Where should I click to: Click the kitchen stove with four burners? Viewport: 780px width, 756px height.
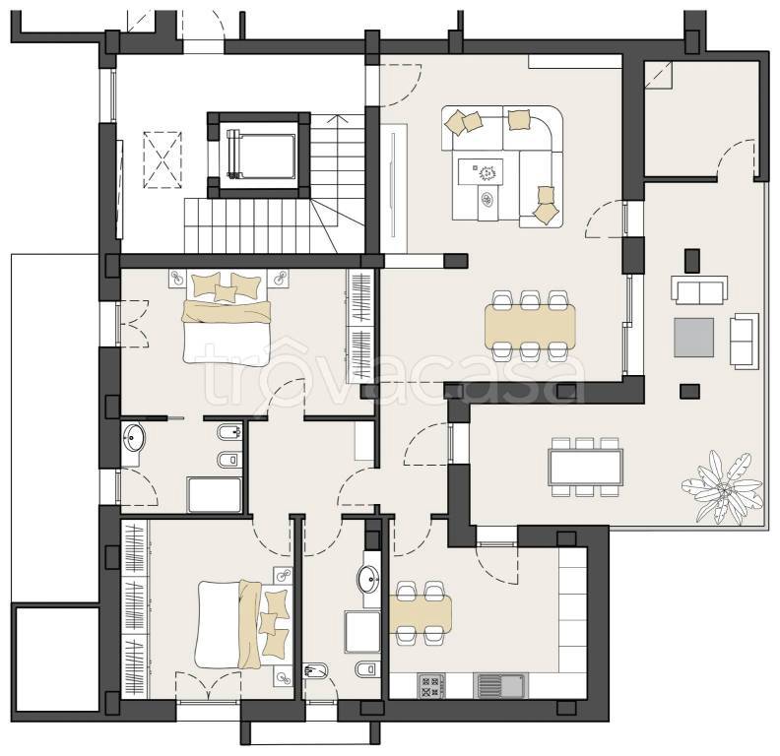click(431, 686)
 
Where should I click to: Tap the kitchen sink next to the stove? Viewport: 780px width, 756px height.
click(500, 686)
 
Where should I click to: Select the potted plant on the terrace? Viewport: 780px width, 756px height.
click(722, 487)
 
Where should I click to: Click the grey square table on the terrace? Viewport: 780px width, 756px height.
click(693, 338)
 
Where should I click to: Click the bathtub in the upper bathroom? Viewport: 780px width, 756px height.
click(215, 494)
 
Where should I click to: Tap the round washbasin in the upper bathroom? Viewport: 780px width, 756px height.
click(133, 438)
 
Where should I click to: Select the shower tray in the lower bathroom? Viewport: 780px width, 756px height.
click(362, 632)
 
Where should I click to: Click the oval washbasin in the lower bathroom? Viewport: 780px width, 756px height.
click(369, 580)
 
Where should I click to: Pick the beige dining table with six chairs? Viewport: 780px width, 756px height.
click(530, 326)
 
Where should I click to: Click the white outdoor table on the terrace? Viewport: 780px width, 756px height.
click(586, 467)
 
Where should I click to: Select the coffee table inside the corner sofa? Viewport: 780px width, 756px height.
click(480, 172)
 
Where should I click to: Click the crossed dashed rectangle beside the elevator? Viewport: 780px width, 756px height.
click(162, 160)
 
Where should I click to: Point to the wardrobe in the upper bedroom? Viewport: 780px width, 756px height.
click(359, 326)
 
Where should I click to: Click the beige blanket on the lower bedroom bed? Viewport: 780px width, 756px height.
click(250, 624)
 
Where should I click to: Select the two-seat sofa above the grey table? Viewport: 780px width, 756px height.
click(699, 290)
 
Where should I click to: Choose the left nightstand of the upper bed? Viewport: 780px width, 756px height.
click(177, 279)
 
